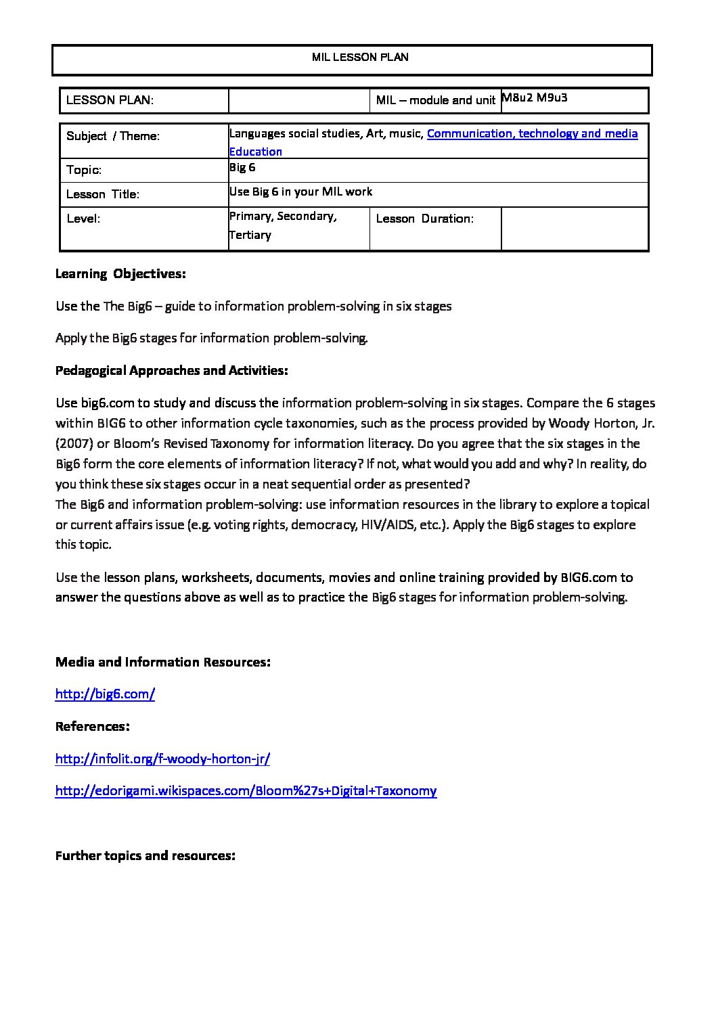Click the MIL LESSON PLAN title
point(360,58)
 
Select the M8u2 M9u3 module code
point(534,97)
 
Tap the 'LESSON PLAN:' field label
point(110,100)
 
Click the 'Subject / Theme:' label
point(113,136)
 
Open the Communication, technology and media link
point(532,133)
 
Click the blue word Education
point(255,152)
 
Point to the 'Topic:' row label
point(84,170)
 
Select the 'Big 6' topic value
point(242,167)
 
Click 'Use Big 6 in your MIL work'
point(300,192)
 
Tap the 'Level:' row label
point(83,219)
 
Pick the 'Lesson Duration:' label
point(424,219)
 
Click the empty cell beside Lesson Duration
point(574,229)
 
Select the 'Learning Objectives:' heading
point(120,274)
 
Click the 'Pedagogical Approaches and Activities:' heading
point(172,371)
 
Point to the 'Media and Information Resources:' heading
point(163,662)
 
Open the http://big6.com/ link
point(105,694)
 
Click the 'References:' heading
point(93,726)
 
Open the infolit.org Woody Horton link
point(162,759)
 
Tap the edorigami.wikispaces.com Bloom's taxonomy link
point(246,790)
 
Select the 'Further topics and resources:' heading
point(145,855)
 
